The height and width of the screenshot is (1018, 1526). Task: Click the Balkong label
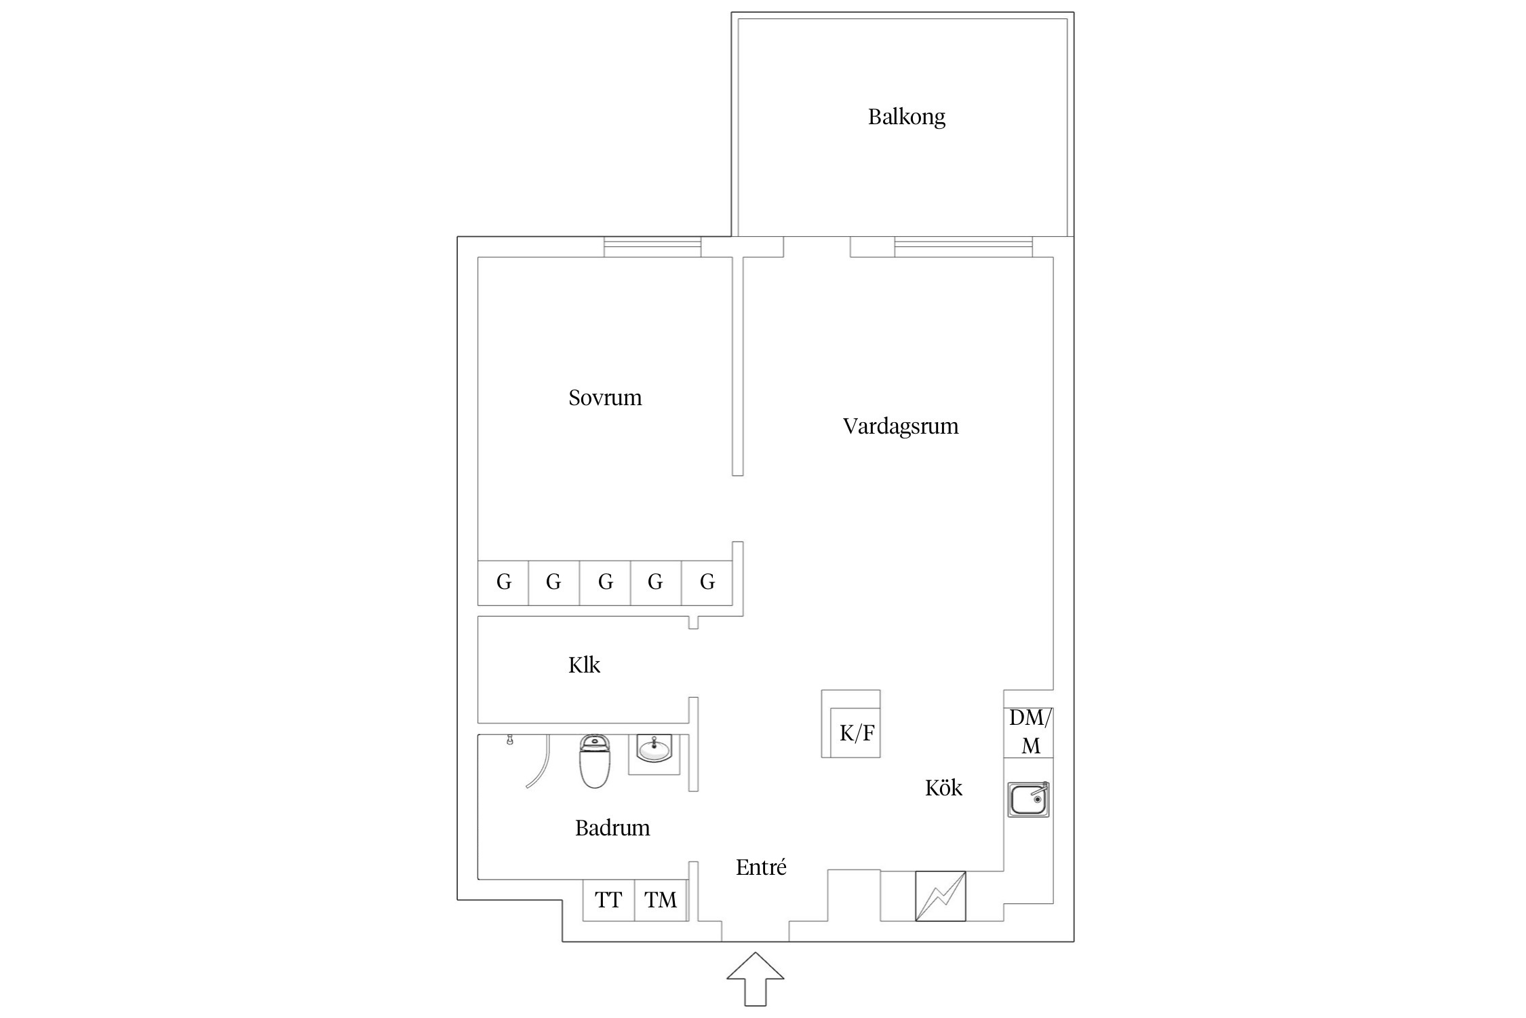(x=906, y=117)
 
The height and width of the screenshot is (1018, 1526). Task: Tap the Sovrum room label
(x=605, y=397)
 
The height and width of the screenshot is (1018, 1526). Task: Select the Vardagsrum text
(x=901, y=426)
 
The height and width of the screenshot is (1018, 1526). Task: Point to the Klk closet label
(x=584, y=664)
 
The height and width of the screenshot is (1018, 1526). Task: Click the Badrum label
(x=612, y=827)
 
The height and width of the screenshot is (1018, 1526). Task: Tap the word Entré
(x=761, y=867)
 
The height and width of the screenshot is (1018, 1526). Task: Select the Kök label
(x=943, y=787)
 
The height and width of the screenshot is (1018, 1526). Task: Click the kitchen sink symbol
(x=1028, y=799)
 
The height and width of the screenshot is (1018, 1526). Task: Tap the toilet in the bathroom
(x=595, y=762)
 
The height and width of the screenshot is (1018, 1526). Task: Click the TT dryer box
(x=608, y=900)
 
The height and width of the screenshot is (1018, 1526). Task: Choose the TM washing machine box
(x=661, y=900)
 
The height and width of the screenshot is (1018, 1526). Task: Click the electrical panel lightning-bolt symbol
(x=940, y=896)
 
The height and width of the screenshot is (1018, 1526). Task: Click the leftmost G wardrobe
(x=503, y=582)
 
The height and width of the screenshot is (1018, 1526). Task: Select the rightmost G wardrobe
(x=707, y=582)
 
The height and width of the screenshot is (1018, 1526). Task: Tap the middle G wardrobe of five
(x=605, y=582)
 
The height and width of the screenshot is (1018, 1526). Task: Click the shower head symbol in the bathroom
(x=509, y=740)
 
